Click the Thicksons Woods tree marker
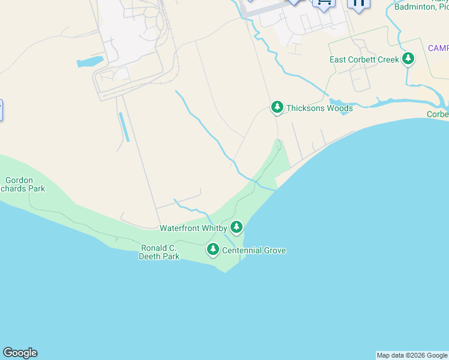(x=277, y=107)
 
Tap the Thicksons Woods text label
(x=319, y=109)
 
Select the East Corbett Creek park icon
(x=408, y=59)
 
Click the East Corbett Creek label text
(x=364, y=60)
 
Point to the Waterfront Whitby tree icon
(x=237, y=227)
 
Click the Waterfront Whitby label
(x=193, y=228)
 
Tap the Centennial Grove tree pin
(x=212, y=249)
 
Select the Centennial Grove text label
(x=254, y=250)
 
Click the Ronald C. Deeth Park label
(x=160, y=252)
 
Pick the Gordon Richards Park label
(x=24, y=184)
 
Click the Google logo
(x=20, y=353)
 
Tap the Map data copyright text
(x=412, y=355)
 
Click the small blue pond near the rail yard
(x=90, y=62)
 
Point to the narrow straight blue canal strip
(x=124, y=127)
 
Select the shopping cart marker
(x=324, y=3)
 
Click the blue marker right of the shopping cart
(x=358, y=4)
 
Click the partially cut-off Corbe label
(x=438, y=114)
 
